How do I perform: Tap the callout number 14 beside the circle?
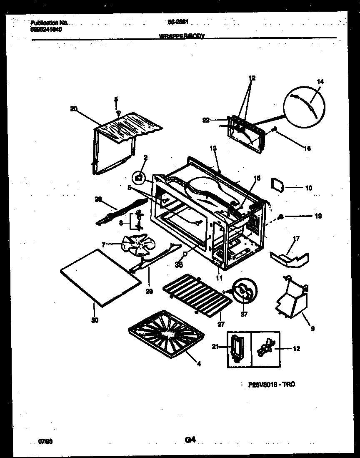point(320,82)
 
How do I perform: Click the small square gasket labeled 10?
point(278,184)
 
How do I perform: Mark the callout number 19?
point(319,216)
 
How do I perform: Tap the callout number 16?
point(307,148)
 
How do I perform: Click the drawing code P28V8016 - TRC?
point(269,384)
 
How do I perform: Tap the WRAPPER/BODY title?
point(182,36)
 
